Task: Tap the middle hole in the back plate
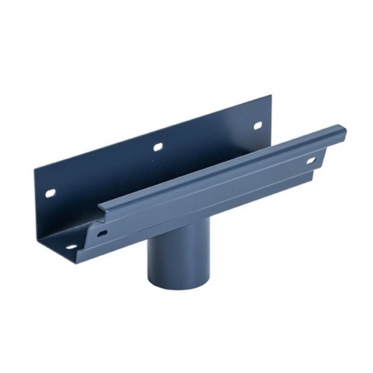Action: click(155, 148)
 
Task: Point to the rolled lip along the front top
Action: click(223, 165)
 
